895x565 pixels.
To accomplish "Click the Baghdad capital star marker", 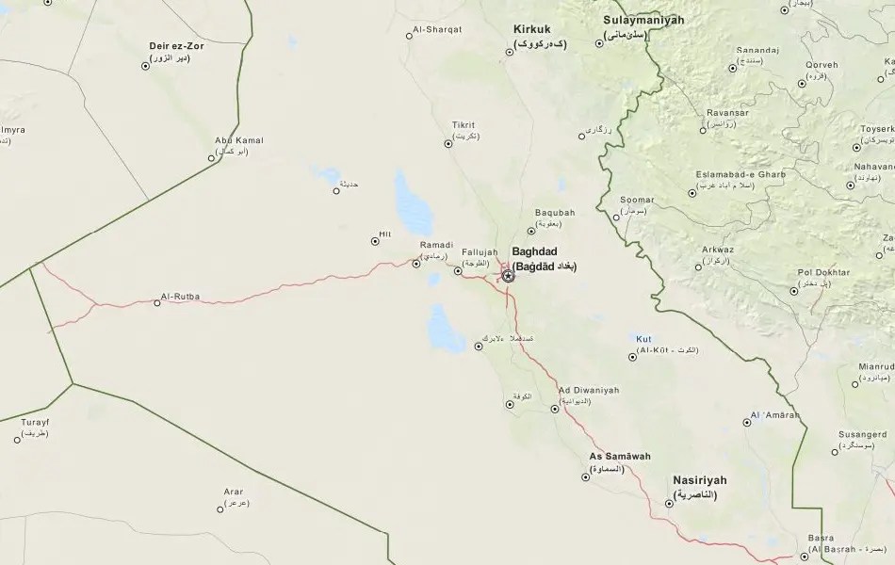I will (x=509, y=276).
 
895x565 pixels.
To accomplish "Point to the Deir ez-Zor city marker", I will (x=145, y=66).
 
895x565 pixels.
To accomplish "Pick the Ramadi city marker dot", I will (x=416, y=264).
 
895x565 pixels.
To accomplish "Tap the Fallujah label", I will (x=479, y=252).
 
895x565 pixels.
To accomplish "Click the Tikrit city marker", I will (x=448, y=144).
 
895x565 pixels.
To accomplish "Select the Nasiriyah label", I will (x=700, y=480).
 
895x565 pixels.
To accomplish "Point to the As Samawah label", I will (x=620, y=457).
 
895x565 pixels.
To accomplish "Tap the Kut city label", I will (x=644, y=338).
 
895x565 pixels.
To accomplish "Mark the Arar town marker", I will (x=220, y=509).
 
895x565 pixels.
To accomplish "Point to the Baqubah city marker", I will (x=531, y=227).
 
